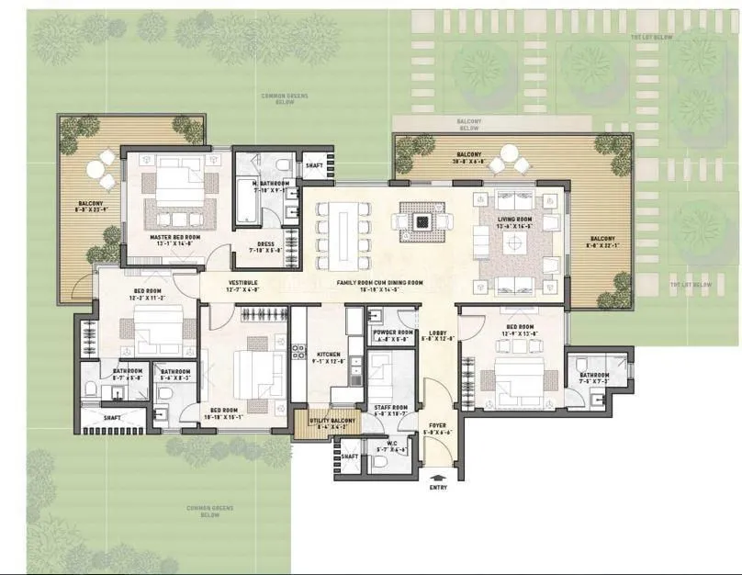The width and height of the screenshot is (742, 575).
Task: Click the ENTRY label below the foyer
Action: tap(439, 488)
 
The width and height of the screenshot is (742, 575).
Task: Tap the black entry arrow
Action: tap(439, 477)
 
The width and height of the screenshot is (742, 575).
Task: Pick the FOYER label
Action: tap(439, 425)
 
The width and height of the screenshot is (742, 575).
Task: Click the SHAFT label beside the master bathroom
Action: tap(313, 166)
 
